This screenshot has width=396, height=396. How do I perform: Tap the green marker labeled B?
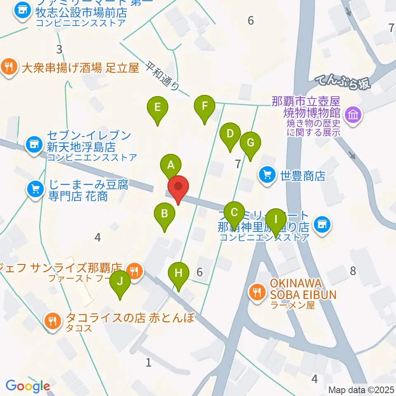[x=164, y=214]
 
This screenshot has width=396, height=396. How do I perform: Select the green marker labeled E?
[x=157, y=108]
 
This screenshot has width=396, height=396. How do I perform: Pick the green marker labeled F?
[x=205, y=106]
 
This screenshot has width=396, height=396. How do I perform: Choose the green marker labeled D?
[x=230, y=134]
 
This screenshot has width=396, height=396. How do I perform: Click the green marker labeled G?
[x=250, y=143]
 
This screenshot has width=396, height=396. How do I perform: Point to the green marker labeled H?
[x=179, y=273]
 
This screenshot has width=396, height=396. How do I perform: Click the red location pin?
[x=178, y=188]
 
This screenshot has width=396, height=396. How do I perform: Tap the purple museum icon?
[x=354, y=114]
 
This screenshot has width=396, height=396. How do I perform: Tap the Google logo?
[x=28, y=386]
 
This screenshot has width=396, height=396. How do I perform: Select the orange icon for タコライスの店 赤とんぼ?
[x=52, y=320]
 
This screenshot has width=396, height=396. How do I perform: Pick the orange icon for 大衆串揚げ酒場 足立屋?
[x=9, y=66]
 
